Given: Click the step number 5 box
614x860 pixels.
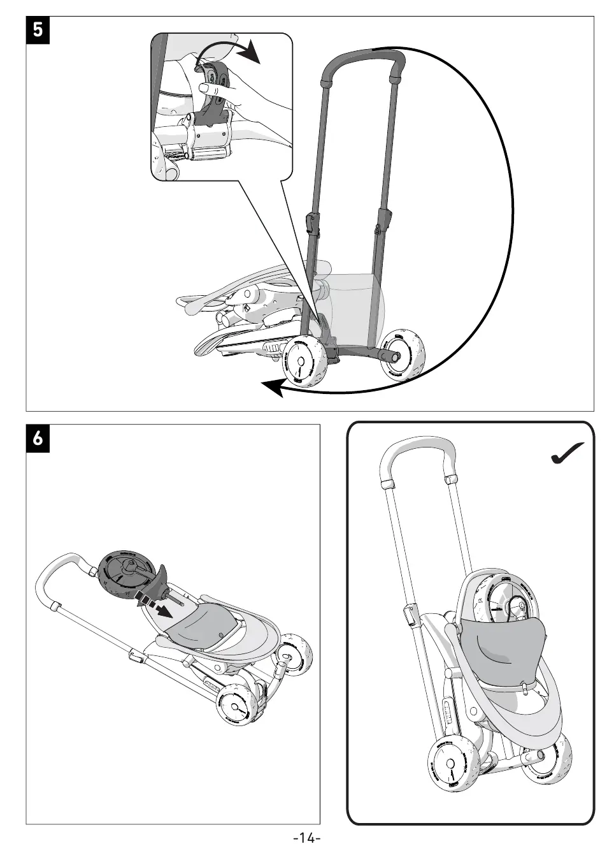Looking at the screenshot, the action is click(38, 30).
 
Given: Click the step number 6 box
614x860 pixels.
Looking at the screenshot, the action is click(38, 438).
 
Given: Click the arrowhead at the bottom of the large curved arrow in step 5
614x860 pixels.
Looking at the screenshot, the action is click(274, 386).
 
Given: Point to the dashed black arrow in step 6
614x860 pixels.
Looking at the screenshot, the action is click(152, 603).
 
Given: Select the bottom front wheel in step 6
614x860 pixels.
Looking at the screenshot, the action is click(238, 705).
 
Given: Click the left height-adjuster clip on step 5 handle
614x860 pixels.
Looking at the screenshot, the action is click(311, 223).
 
